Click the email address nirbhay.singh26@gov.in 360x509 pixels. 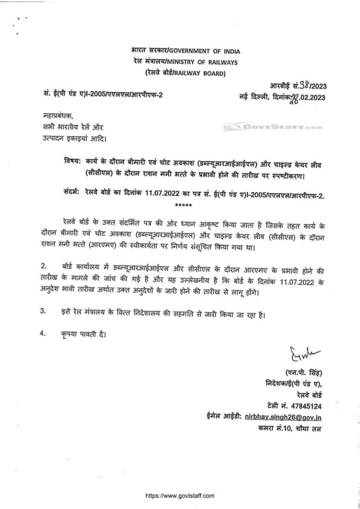pyautogui.click(x=286, y=417)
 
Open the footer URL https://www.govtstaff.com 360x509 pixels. pyautogui.click(x=180, y=495)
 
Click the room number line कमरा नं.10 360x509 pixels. pyautogui.click(x=290, y=428)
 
